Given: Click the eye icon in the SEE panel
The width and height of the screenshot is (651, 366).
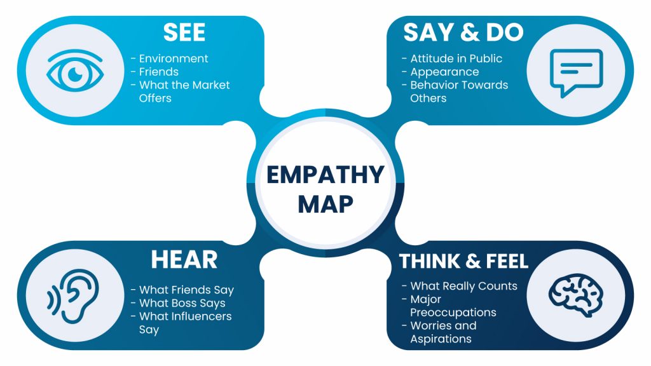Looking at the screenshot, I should (x=75, y=72).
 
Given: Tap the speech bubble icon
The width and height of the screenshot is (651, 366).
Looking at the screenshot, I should (x=575, y=72).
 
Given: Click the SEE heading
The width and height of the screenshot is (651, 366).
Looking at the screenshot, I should (x=184, y=34).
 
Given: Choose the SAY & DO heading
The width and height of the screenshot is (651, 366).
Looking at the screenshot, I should (x=463, y=34).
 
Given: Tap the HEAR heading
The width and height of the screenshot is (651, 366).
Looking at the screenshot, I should (x=184, y=259).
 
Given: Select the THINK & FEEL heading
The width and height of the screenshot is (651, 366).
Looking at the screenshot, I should (x=463, y=261).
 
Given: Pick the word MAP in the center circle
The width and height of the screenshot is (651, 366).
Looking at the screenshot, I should (x=325, y=203).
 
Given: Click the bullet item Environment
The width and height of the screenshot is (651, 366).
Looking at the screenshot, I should (x=173, y=58).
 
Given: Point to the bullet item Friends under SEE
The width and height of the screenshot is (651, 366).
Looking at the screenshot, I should (x=158, y=72).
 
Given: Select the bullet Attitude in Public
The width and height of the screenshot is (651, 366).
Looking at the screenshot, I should (x=455, y=58).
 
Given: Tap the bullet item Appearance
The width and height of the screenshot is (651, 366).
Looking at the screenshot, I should (x=444, y=72).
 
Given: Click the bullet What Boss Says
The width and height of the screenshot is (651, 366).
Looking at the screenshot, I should (x=182, y=303).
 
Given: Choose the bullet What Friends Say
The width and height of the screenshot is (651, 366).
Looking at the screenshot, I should (x=186, y=290).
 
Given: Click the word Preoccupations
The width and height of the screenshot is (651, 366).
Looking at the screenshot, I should (x=453, y=313).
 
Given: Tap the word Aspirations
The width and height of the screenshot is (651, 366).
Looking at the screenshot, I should (x=441, y=339).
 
